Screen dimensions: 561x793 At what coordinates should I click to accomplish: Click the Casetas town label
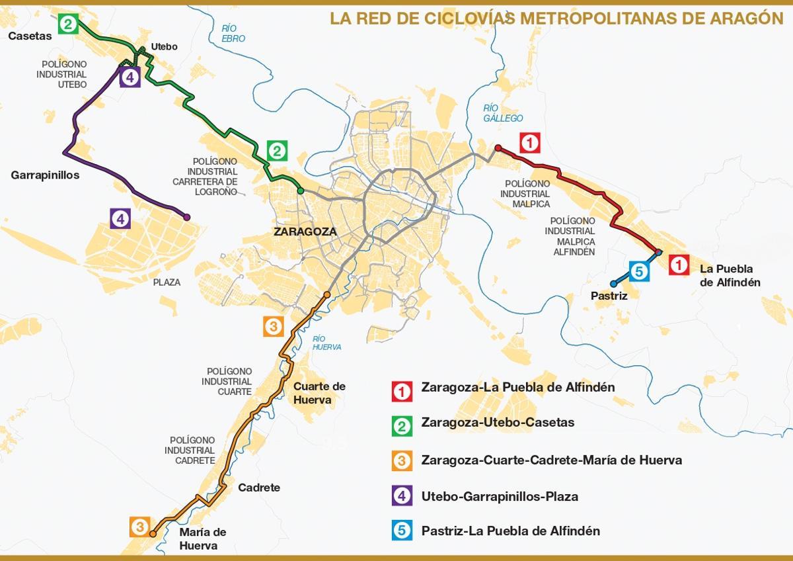pyautogui.click(x=30, y=36)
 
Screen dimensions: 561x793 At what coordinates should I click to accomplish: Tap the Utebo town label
pyautogui.click(x=165, y=46)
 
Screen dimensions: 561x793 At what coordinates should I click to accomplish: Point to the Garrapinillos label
pyautogui.click(x=45, y=175)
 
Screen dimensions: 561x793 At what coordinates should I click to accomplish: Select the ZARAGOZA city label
pyautogui.click(x=305, y=232)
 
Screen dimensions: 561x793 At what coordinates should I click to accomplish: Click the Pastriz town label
pyautogui.click(x=609, y=296)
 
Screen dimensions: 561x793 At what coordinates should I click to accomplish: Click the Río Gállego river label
pyautogui.click(x=503, y=113)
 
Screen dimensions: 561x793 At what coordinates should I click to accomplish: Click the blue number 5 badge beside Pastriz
pyautogui.click(x=638, y=271)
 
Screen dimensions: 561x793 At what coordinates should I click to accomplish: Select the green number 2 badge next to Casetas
pyautogui.click(x=68, y=24)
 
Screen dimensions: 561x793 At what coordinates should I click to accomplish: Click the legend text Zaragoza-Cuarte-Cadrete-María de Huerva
pyautogui.click(x=551, y=460)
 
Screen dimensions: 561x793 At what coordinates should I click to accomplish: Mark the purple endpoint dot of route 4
pyautogui.click(x=187, y=217)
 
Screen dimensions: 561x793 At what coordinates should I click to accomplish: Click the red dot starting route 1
pyautogui.click(x=498, y=148)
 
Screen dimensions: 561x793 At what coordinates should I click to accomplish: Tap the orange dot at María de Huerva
pyautogui.click(x=153, y=533)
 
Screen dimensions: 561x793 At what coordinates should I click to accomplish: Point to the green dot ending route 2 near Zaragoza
pyautogui.click(x=300, y=191)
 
